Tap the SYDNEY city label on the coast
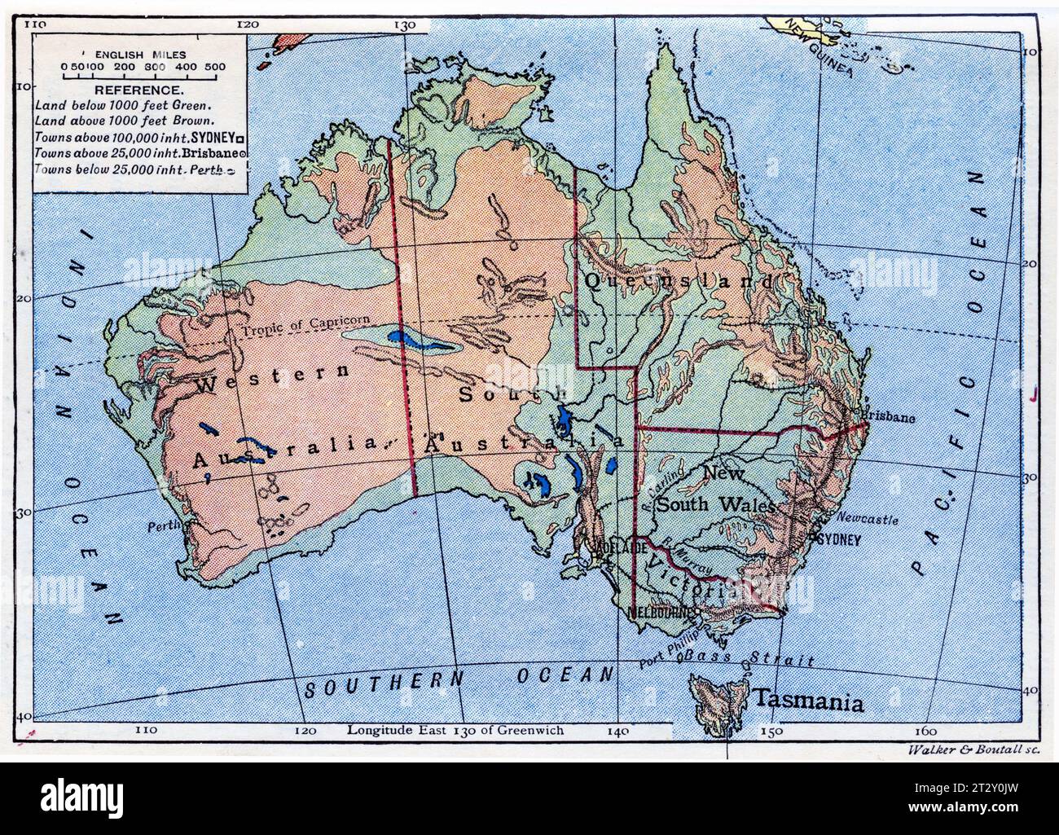coord(837,539)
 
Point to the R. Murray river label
coord(686,558)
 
